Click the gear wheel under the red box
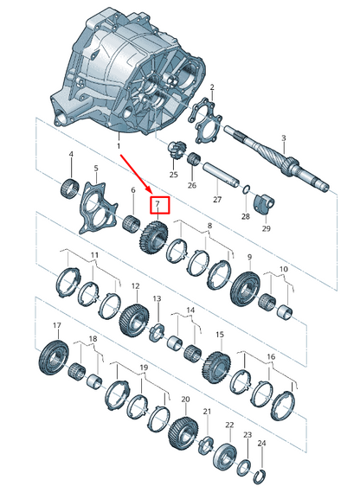152,237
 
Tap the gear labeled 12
135,317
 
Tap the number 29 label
266,228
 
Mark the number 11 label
94,257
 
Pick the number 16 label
271,356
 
